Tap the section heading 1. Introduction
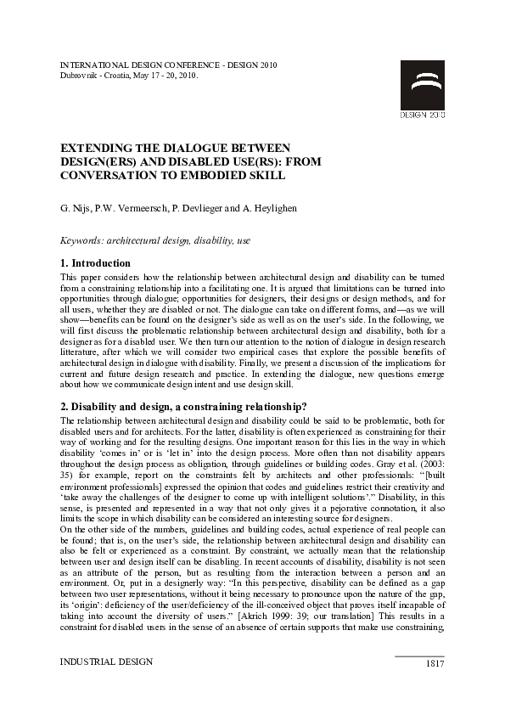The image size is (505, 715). pos(95,263)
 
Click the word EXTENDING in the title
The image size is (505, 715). pos(93,147)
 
